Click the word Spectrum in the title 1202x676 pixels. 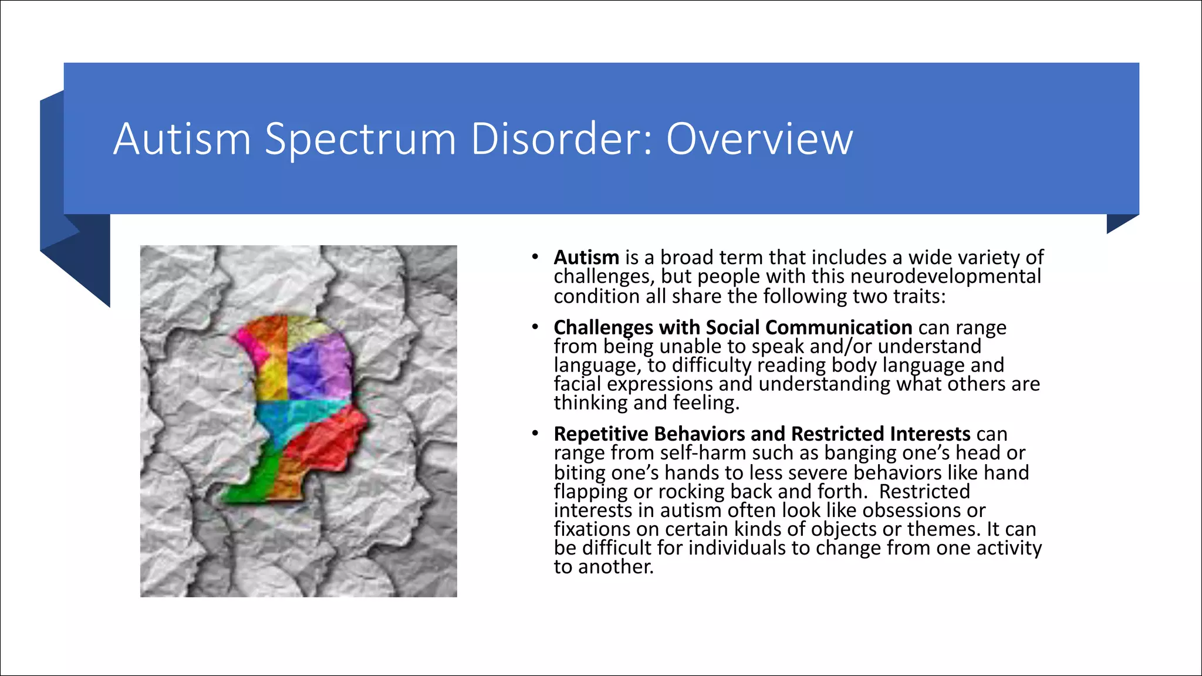(x=360, y=140)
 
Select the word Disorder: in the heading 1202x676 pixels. (x=561, y=140)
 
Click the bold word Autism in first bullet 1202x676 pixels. (x=586, y=258)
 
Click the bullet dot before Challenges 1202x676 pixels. (x=535, y=327)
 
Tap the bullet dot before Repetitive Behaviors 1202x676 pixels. (x=535, y=434)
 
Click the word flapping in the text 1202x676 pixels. (x=590, y=491)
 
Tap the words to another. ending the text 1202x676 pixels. (x=603, y=567)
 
